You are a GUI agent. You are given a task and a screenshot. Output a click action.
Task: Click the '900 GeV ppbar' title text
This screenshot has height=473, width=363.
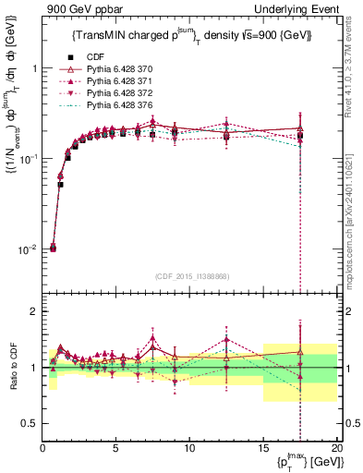[x=80, y=8]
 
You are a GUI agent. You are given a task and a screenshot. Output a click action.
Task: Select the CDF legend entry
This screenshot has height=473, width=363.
[x=91, y=56]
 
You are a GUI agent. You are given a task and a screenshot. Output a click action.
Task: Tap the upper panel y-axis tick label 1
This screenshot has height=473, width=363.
[x=34, y=68]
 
